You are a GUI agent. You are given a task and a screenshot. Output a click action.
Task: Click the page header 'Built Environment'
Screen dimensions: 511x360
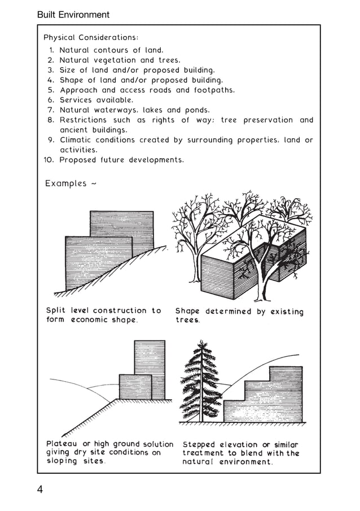tap(73, 15)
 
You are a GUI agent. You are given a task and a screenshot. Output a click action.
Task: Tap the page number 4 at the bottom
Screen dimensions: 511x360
tap(40, 489)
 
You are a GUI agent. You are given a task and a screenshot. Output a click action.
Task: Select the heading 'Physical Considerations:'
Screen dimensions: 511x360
tap(91, 38)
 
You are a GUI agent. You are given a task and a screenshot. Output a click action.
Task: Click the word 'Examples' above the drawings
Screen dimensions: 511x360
tap(66, 184)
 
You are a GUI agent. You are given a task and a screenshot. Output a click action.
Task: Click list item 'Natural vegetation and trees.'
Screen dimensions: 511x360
tap(120, 60)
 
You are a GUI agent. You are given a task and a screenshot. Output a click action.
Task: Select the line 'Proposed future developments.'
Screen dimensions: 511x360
tap(121, 160)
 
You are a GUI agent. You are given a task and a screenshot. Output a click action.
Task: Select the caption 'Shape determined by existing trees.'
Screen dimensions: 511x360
tap(239, 315)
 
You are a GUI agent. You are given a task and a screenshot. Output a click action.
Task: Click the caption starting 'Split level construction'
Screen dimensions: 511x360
tap(103, 315)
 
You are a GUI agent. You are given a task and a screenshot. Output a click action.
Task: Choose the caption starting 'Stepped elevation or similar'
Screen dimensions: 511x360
tap(240, 453)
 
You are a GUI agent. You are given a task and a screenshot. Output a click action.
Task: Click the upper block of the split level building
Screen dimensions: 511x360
tap(121, 224)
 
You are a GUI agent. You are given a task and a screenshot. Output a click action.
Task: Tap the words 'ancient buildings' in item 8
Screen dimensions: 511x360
tap(93, 130)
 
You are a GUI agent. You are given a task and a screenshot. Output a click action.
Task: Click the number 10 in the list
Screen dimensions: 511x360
tap(49, 160)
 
